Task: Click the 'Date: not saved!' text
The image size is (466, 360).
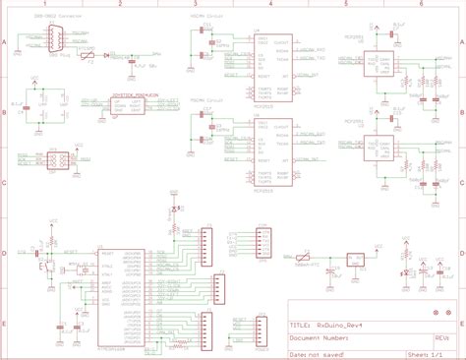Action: [320, 347]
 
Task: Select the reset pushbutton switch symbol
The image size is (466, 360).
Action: [42, 262]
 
